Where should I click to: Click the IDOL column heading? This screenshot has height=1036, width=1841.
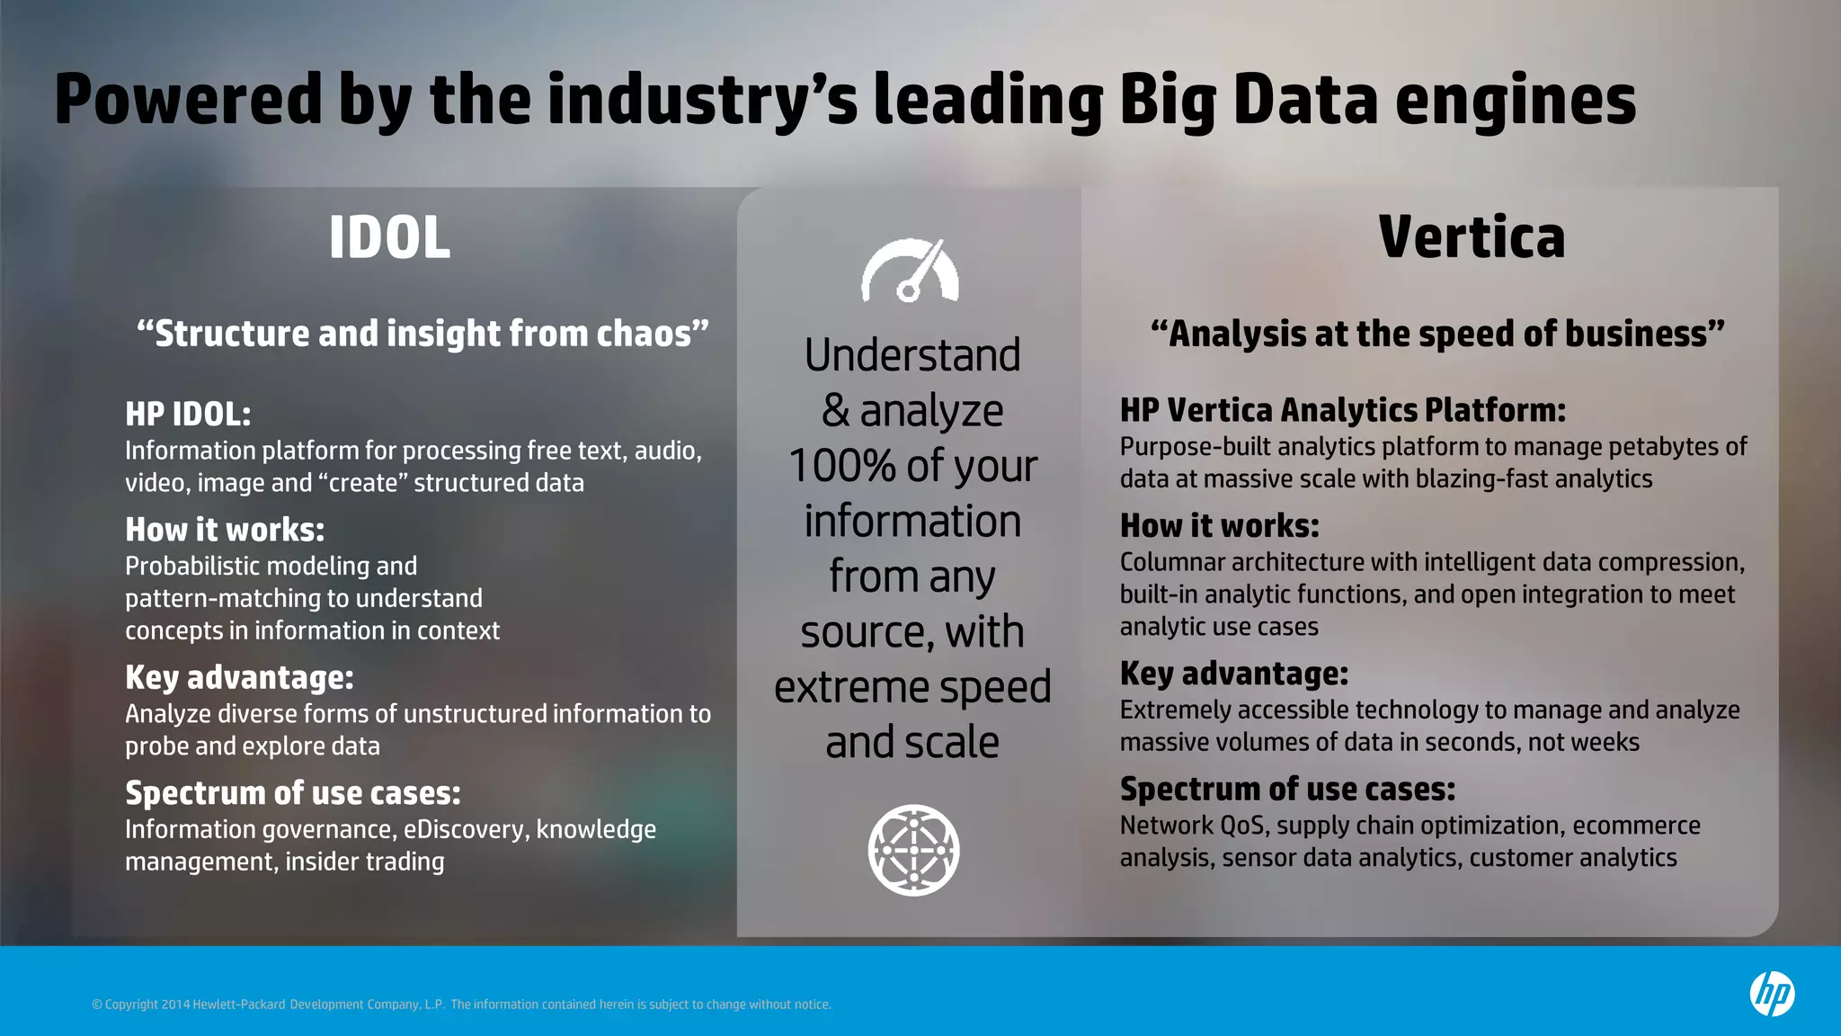click(x=389, y=238)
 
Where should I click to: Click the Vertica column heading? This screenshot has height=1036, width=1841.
click(x=1472, y=238)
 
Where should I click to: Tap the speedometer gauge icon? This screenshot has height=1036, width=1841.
click(x=911, y=271)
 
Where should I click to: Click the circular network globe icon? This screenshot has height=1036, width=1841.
click(x=913, y=850)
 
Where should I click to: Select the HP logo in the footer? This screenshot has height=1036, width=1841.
click(x=1772, y=994)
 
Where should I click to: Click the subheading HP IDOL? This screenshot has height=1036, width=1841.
click(x=188, y=415)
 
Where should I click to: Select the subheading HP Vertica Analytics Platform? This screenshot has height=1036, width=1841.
click(x=1342, y=411)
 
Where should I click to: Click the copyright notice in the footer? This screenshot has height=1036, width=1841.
click(x=461, y=1005)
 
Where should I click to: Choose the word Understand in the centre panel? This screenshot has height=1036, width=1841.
click(x=912, y=355)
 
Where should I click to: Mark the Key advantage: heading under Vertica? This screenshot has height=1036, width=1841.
click(x=1233, y=674)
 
